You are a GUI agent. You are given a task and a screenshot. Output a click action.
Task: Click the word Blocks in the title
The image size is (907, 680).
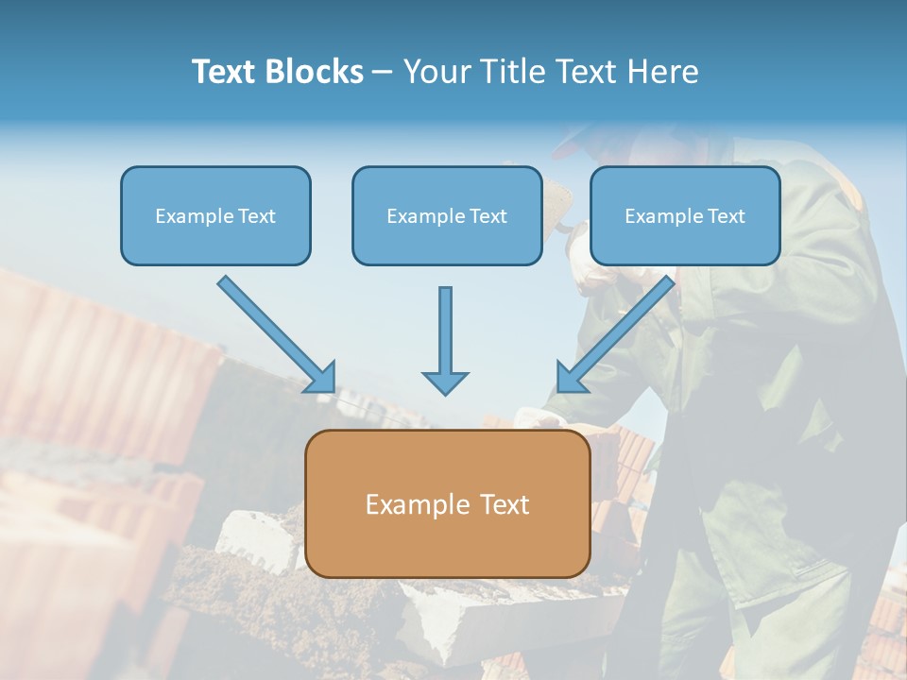[x=317, y=71]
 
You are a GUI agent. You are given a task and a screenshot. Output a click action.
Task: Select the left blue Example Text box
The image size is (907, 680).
[x=215, y=215]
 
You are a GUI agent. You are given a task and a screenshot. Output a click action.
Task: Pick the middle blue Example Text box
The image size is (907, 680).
[x=447, y=215]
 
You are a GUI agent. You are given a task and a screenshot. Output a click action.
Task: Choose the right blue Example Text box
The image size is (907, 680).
[x=685, y=215]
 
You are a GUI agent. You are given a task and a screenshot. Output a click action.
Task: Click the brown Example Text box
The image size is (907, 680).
[x=447, y=503]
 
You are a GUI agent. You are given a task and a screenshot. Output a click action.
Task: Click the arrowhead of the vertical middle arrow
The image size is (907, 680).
[x=445, y=382]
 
